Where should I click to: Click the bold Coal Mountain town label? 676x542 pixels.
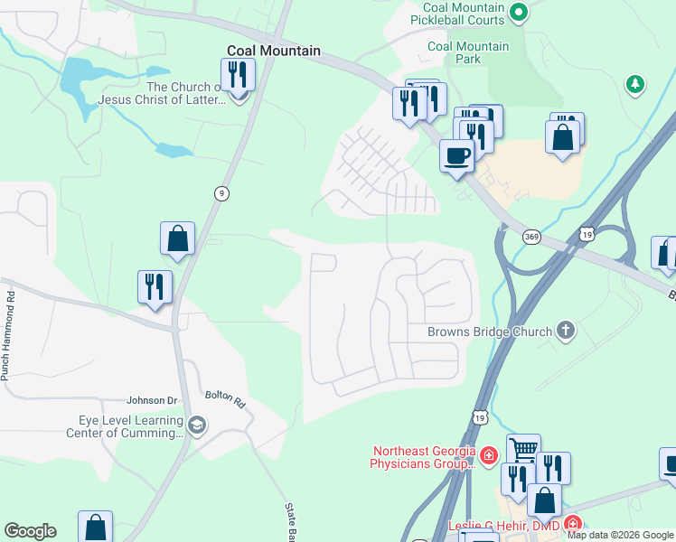point(273,51)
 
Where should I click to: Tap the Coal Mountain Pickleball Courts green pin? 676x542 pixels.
point(518,12)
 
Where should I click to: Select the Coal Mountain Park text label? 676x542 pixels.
point(467,52)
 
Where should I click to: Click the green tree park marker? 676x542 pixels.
point(635,85)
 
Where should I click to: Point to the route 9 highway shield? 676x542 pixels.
point(221,192)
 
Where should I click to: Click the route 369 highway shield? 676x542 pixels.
point(531,236)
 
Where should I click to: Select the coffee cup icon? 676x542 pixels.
point(457,154)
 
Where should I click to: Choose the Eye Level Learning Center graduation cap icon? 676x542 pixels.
point(197,425)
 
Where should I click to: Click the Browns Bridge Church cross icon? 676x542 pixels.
point(566,331)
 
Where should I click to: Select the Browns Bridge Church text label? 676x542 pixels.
point(489,332)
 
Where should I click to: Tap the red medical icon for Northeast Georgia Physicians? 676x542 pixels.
point(489,454)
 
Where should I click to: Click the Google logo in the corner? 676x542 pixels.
point(30,531)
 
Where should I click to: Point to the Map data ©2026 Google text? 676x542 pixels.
point(620,535)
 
